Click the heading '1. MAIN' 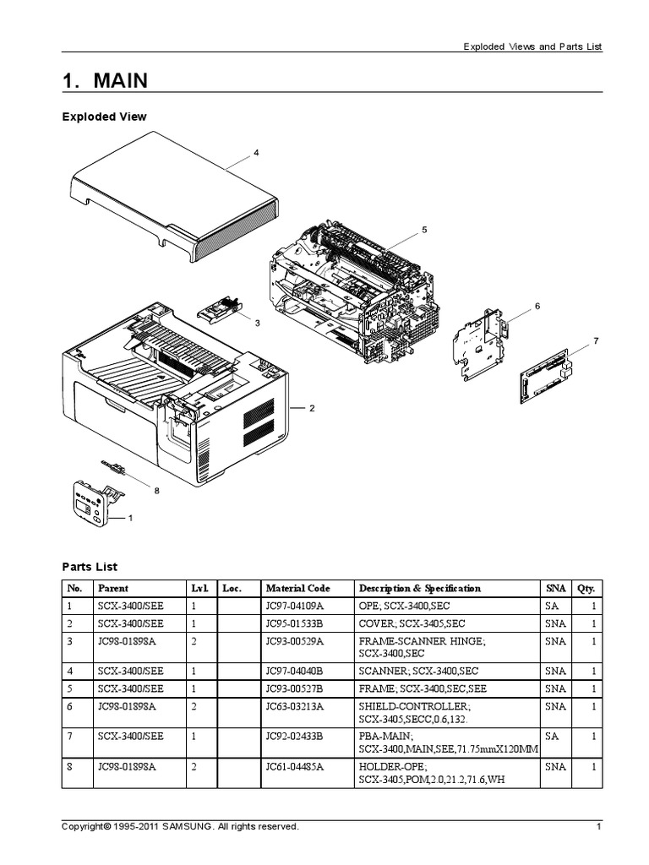[105, 81]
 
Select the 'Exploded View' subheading [104, 117]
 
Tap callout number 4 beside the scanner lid [256, 153]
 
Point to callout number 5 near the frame [424, 229]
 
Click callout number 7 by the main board [595, 340]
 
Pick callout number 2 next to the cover [311, 408]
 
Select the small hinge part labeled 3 [220, 311]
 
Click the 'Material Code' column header [297, 588]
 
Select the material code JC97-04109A [295, 607]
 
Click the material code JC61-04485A [295, 767]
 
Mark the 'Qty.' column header [586, 588]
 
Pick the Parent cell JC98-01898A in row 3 [127, 641]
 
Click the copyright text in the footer [180, 827]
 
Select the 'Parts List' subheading [90, 566]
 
